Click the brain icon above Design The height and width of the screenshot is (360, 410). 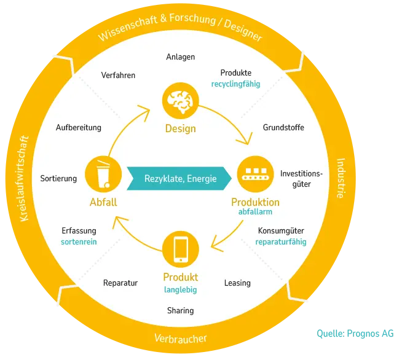[181, 101]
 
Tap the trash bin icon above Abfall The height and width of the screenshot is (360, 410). [103, 174]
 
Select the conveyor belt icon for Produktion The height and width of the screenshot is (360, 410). [256, 174]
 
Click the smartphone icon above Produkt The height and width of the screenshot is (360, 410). [181, 249]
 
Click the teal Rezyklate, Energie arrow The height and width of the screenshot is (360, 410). [179, 178]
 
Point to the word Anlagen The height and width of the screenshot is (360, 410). [181, 57]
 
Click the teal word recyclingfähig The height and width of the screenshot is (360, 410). [235, 84]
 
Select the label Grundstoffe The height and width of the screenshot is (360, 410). [283, 128]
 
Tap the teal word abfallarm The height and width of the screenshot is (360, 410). [255, 211]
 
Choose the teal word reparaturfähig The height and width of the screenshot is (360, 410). [281, 242]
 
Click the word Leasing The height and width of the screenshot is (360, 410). [237, 283]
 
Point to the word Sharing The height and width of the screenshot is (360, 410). [181, 311]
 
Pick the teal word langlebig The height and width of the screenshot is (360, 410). [181, 290]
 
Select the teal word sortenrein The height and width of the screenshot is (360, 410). [79, 242]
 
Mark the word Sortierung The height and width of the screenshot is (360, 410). [58, 179]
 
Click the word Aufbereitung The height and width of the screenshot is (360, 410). [79, 128]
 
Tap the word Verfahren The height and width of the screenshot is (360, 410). [118, 75]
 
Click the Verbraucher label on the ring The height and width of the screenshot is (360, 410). [181, 338]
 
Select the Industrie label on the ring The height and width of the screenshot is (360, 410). [341, 178]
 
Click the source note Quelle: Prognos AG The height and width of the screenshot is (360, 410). [355, 334]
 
